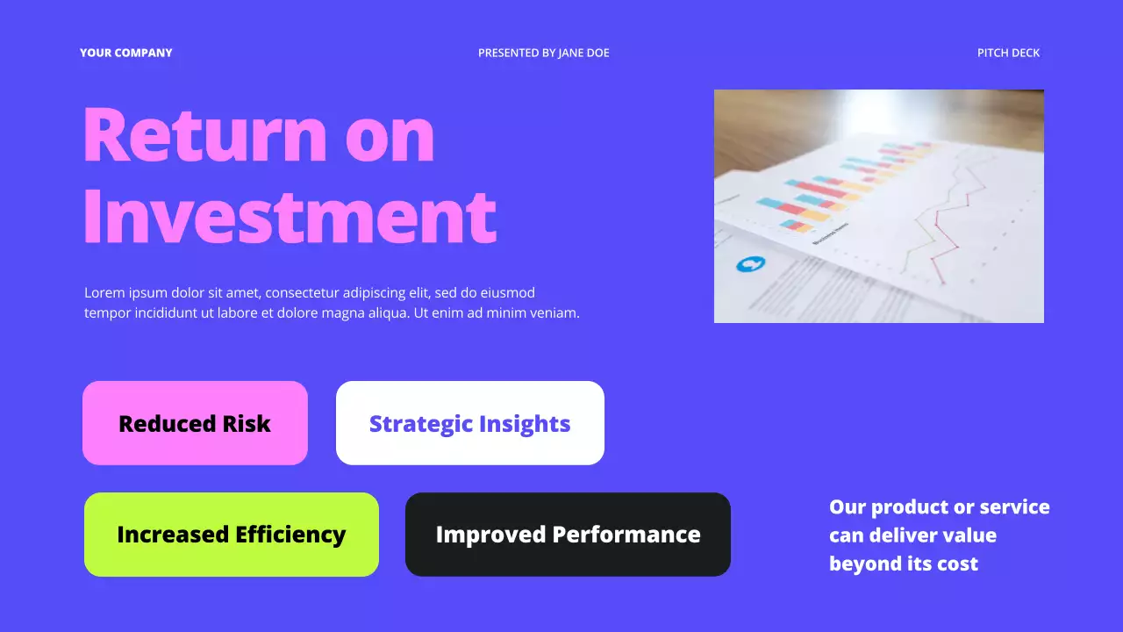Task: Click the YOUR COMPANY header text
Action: pyautogui.click(x=125, y=53)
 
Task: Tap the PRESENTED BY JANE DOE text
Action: pyautogui.click(x=543, y=53)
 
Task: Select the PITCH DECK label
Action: pyautogui.click(x=1008, y=53)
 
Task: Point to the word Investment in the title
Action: pyautogui.click(x=290, y=217)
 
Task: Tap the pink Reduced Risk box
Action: pyautogui.click(x=195, y=423)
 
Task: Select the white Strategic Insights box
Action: pyautogui.click(x=469, y=423)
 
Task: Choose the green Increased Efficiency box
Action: pyautogui.click(x=231, y=535)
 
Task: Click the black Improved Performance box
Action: pyautogui.click(x=568, y=535)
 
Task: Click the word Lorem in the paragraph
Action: pyautogui.click(x=103, y=293)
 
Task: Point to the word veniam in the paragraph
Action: pyautogui.click(x=553, y=312)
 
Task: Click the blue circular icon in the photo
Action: pyautogui.click(x=750, y=263)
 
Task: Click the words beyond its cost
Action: pyautogui.click(x=903, y=564)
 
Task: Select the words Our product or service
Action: pyautogui.click(x=939, y=507)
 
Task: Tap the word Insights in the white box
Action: pyautogui.click(x=524, y=423)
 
